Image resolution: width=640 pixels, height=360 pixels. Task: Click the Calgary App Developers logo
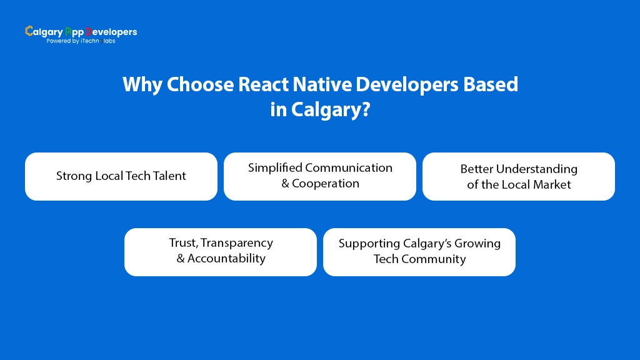coord(81,32)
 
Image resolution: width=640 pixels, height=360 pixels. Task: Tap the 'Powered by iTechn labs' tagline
coord(81,41)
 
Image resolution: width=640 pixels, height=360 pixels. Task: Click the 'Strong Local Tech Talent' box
coord(121,176)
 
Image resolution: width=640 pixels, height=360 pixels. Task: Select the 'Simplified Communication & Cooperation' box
coord(320,176)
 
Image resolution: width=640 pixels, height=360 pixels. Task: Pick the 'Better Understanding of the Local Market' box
coord(519,176)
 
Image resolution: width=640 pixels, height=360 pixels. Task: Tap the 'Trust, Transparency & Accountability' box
coord(221,251)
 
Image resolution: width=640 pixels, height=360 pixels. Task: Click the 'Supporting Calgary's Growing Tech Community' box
coord(419,251)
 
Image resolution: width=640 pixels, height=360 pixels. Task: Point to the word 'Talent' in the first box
coord(169,176)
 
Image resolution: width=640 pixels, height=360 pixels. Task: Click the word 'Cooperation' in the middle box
coord(326,184)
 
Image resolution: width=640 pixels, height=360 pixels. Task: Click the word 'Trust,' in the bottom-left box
coord(183,243)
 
